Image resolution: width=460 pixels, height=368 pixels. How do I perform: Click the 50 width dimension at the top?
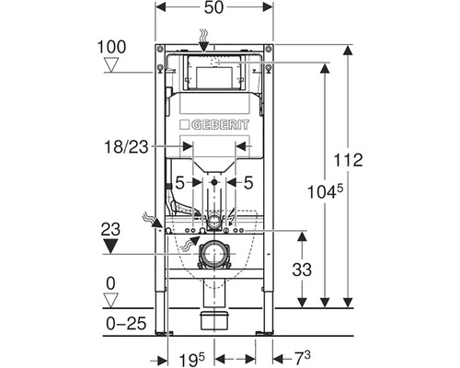pos(213,7)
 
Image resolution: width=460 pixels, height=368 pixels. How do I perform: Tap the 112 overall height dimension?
pos(348,160)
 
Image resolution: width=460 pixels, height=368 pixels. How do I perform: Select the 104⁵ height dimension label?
pos(325,192)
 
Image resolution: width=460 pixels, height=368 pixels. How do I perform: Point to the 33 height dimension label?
pos(302,270)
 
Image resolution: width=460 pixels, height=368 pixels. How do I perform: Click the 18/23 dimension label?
pos(126,147)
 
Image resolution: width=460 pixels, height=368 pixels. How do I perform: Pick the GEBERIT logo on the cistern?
pos(214,125)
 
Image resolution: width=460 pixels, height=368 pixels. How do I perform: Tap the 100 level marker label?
pos(111,47)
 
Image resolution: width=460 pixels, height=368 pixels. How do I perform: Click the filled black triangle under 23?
pos(110,247)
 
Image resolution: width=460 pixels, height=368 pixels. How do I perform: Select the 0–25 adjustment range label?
pos(126,324)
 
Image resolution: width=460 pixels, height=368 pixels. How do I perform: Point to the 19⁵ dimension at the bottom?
pos(191,360)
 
